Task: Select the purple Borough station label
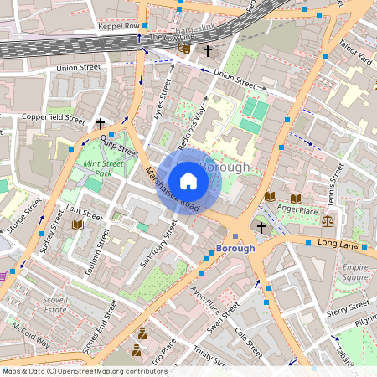(235, 249)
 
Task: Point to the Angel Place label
(297, 210)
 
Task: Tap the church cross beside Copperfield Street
(100, 123)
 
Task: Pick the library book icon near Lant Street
(78, 225)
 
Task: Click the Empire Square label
(355, 272)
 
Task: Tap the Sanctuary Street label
(159, 244)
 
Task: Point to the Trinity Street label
(209, 357)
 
